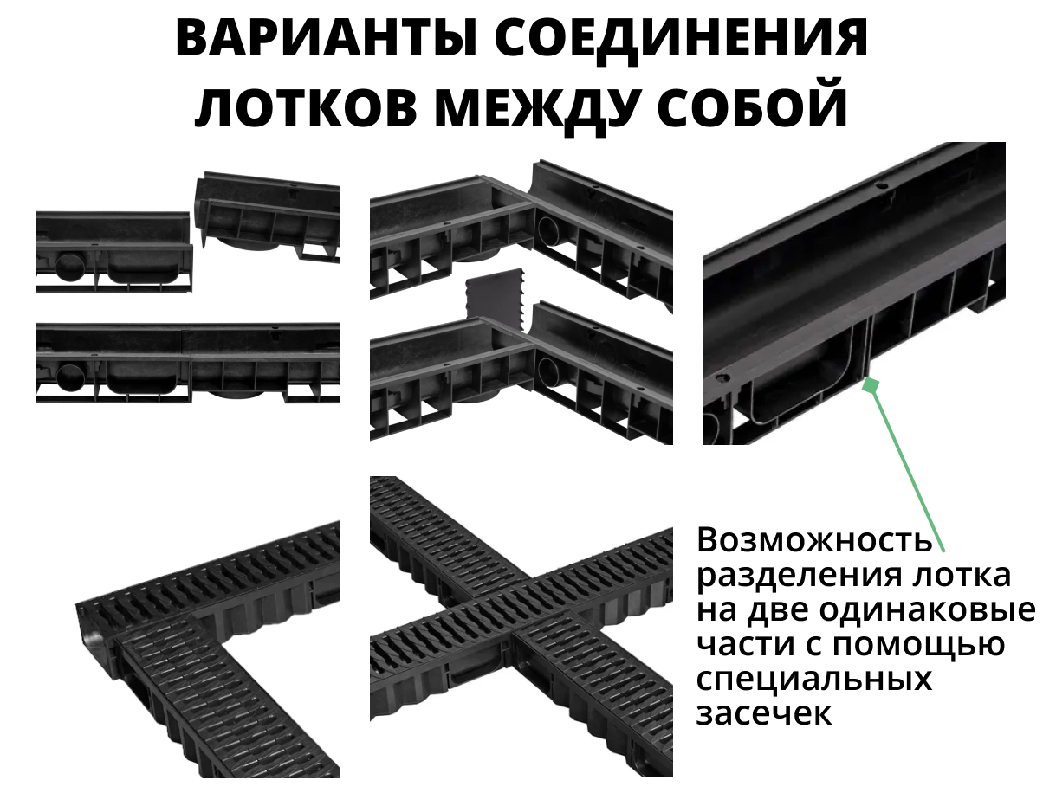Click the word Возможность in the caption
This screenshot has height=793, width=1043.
click(x=814, y=541)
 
